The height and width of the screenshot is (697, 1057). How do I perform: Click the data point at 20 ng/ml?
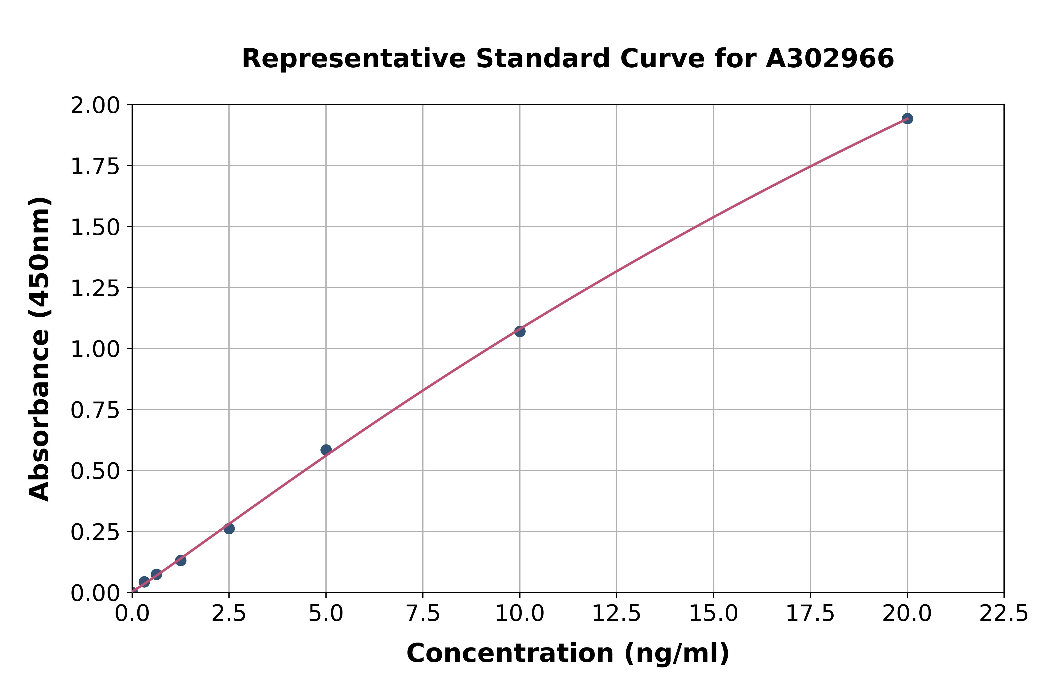coord(907,119)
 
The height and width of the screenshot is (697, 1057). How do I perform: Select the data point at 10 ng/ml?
coord(520,331)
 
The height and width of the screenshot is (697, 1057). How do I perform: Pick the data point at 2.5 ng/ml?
coord(229,528)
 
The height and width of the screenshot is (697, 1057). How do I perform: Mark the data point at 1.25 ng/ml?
coord(181,561)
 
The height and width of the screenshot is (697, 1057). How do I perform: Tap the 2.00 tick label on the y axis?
coord(95,106)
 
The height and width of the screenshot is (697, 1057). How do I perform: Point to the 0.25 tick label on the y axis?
coord(95,532)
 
